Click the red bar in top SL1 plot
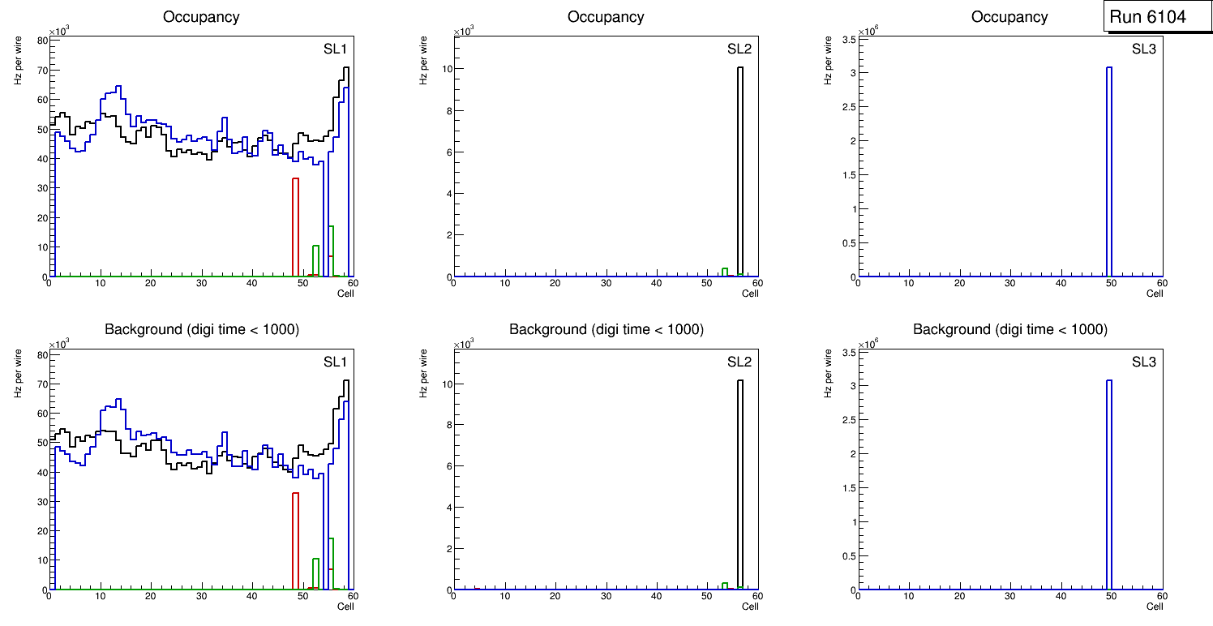point(295,227)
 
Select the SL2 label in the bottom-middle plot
point(739,362)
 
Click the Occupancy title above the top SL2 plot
point(606,17)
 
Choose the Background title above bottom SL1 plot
point(202,329)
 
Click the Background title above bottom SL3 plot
point(1009,329)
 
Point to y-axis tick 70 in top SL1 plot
point(41,70)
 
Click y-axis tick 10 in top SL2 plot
point(445,69)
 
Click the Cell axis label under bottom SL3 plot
point(1155,607)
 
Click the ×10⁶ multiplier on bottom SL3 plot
point(868,345)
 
